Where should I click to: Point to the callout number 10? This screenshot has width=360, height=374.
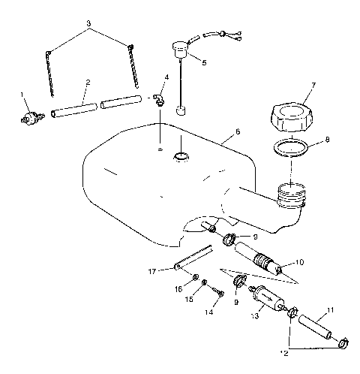coord(301,262)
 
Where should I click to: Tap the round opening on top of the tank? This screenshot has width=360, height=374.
coord(181,156)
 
